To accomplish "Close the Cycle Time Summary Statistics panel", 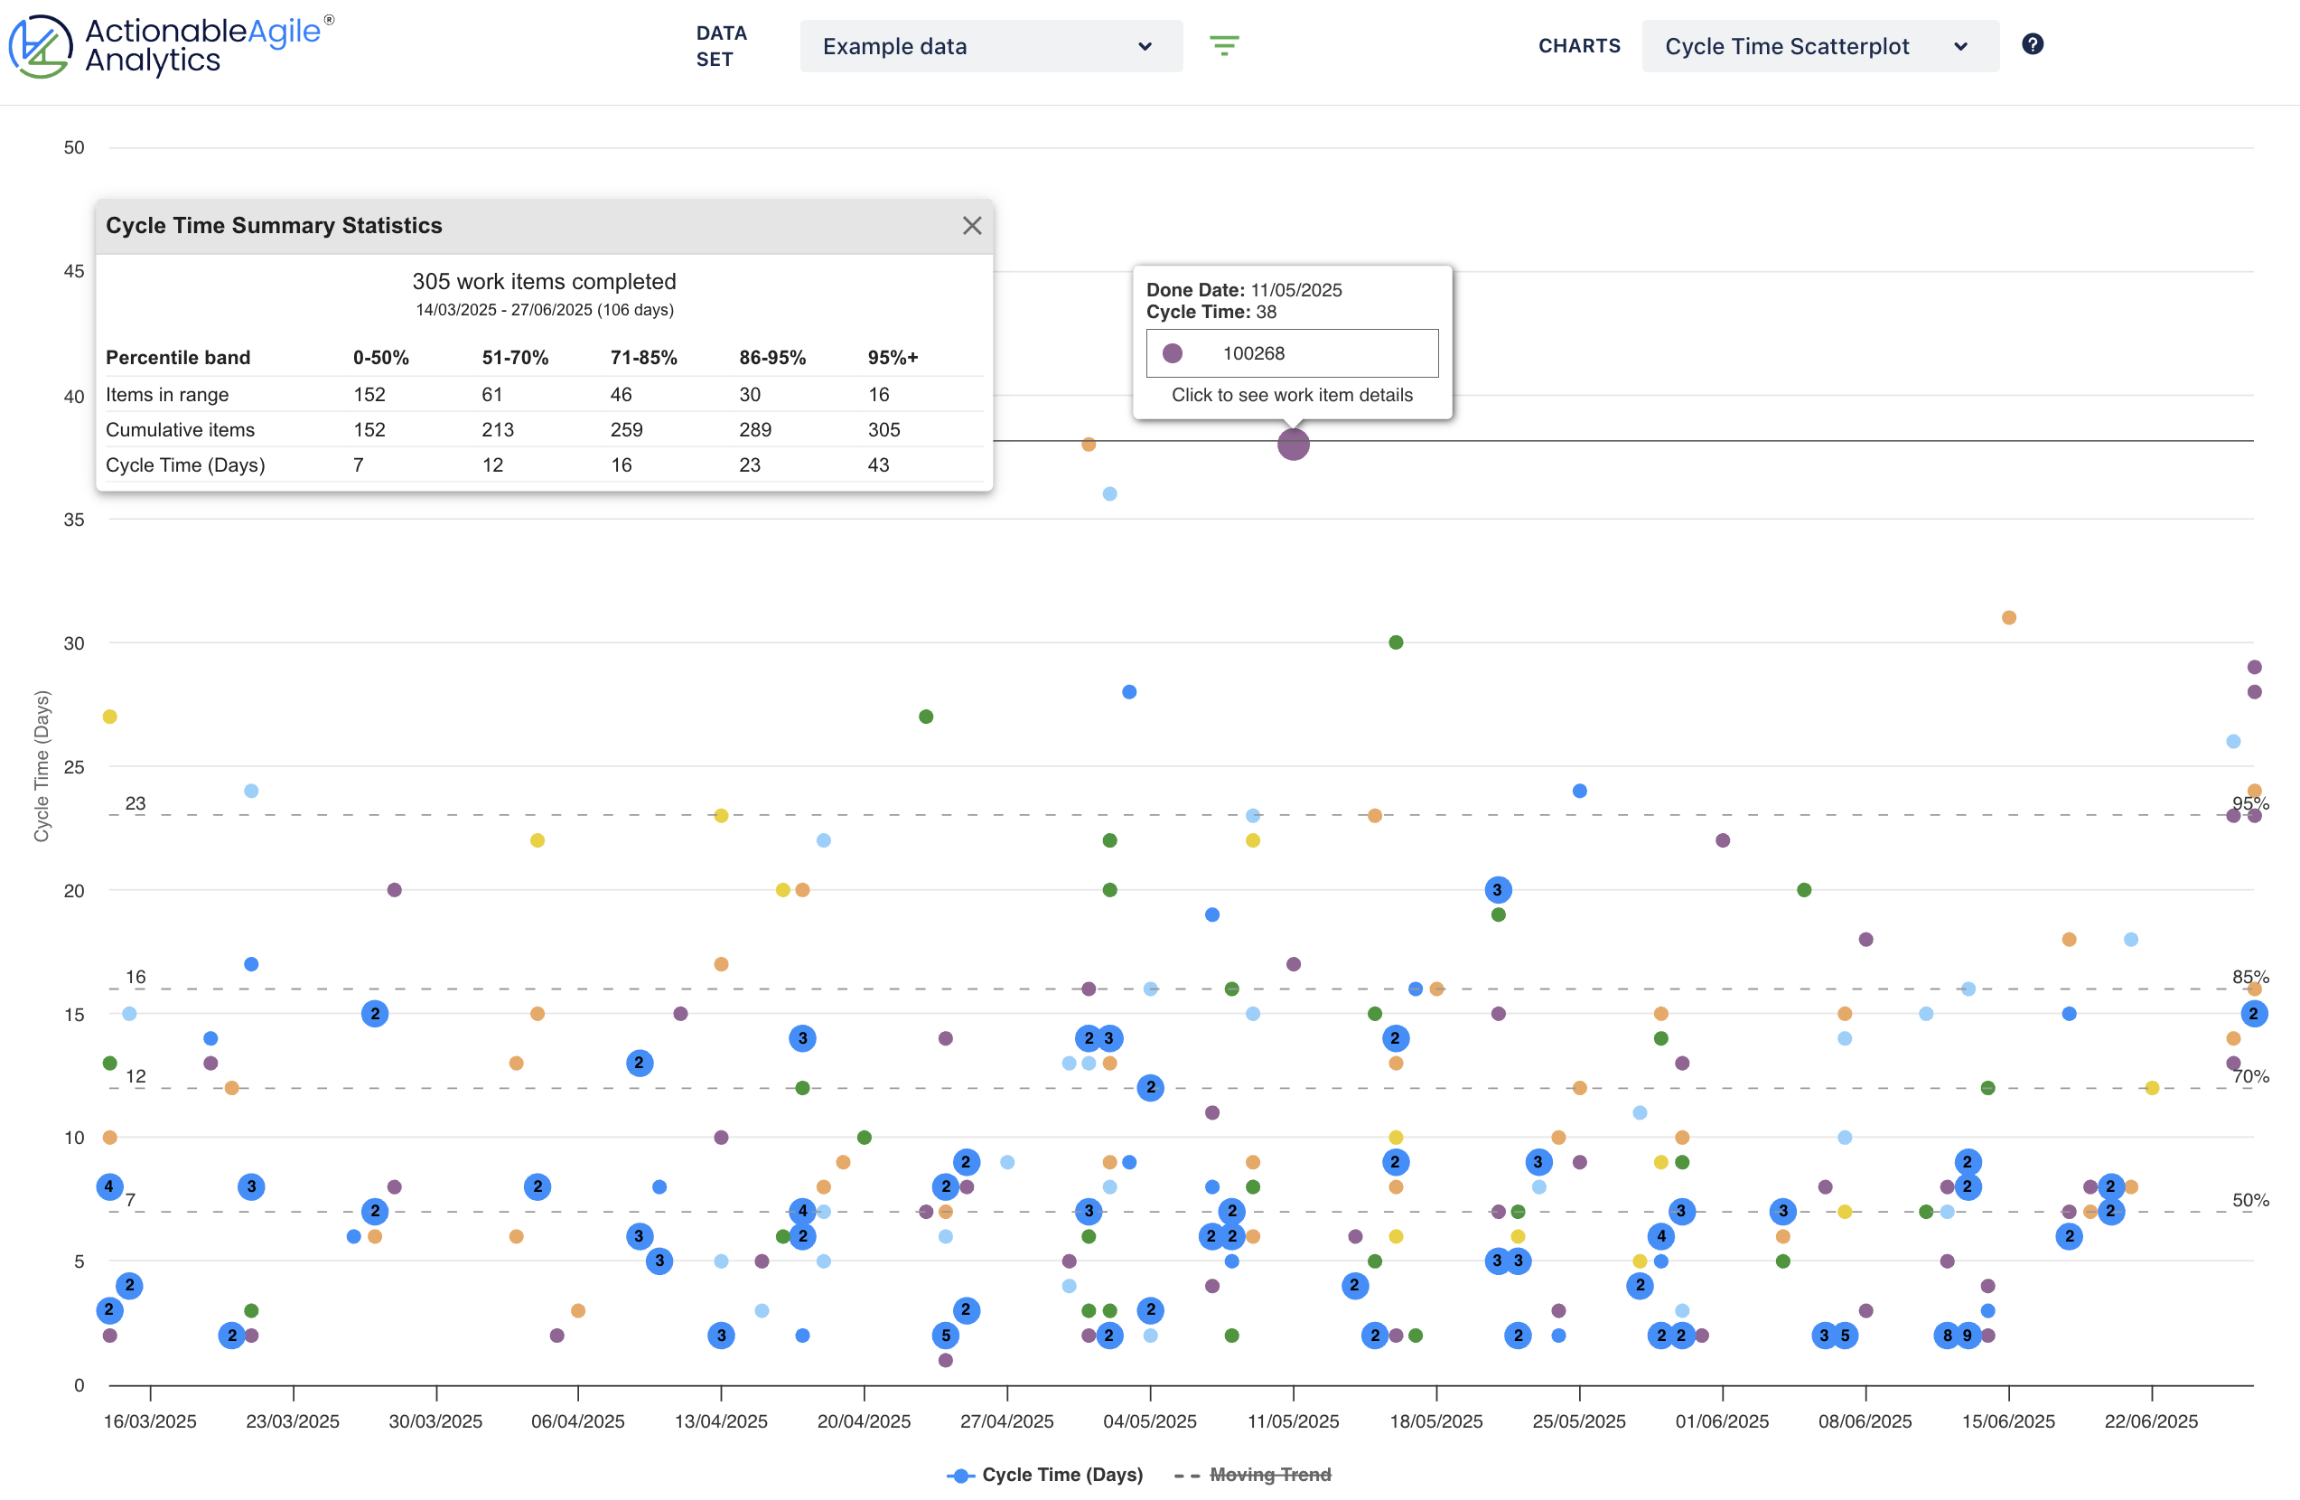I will (971, 225).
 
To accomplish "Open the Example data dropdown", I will (989, 46).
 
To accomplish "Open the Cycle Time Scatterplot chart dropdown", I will (1818, 46).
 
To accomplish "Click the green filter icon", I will (1223, 45).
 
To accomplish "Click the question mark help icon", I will (2033, 44).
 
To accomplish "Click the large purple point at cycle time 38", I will (1292, 445).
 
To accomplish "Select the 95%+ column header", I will (892, 358).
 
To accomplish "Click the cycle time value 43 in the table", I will (877, 464).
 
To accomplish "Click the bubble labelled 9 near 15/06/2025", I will (1967, 1336).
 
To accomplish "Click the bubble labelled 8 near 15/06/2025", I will (1946, 1336).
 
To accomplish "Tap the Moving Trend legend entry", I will (1269, 1474).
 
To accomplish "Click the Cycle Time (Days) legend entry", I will (1061, 1474).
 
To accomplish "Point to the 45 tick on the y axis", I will (73, 272).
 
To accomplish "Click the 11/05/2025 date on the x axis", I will (1292, 1420).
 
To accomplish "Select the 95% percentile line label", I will (2249, 803).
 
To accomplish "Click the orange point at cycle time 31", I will (2008, 617).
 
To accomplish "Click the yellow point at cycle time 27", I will (110, 717).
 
